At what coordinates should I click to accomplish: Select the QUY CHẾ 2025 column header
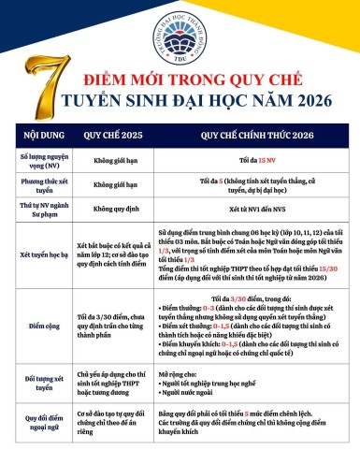click(x=111, y=133)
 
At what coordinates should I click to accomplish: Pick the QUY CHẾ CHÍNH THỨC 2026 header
click(x=248, y=133)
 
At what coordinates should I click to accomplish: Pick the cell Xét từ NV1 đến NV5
click(x=248, y=214)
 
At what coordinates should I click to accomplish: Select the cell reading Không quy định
click(x=111, y=214)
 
